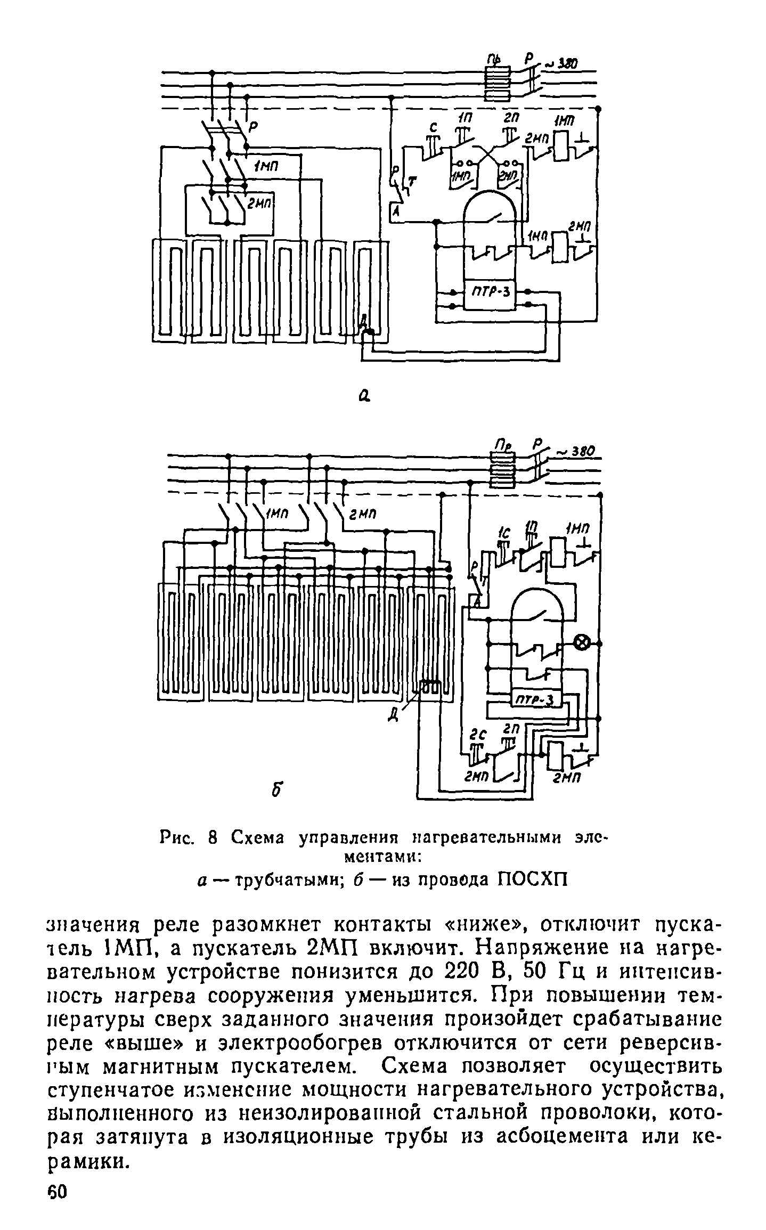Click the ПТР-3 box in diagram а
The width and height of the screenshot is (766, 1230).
tap(490, 294)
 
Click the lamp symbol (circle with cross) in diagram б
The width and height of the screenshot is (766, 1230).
tap(582, 643)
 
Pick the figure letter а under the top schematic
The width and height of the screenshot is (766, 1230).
tap(364, 395)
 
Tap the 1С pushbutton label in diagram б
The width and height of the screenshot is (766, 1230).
tap(502, 533)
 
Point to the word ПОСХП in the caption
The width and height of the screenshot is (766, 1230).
tap(532, 878)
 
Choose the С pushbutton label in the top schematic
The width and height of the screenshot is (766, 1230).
tap(434, 128)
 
